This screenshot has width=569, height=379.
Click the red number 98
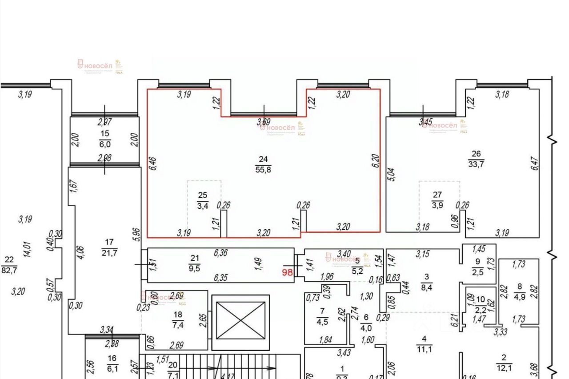point(288,272)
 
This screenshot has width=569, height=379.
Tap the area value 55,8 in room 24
point(264,169)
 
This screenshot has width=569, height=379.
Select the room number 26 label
point(476,154)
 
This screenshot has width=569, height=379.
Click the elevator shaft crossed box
point(240,319)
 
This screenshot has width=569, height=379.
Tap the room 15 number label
point(105,134)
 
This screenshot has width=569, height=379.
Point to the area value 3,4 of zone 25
point(203,205)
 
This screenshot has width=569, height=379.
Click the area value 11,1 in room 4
point(424,349)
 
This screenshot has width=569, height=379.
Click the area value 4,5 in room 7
point(323,320)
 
